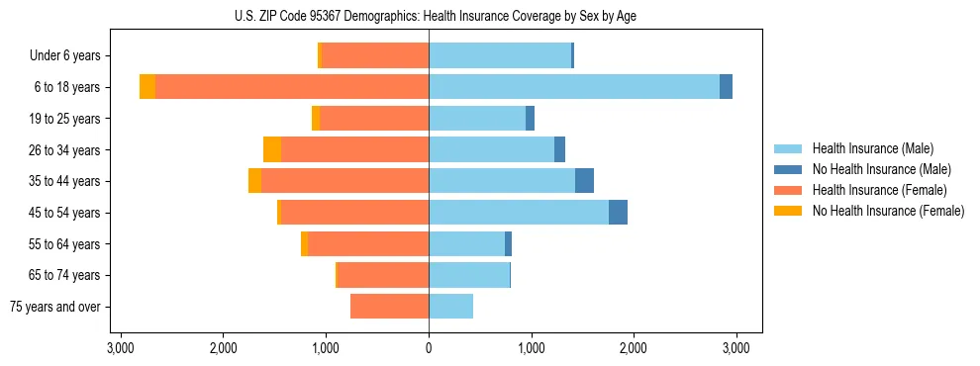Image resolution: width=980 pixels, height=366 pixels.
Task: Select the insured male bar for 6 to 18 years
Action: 574,87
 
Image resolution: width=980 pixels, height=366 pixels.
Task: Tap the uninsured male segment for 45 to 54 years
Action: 618,213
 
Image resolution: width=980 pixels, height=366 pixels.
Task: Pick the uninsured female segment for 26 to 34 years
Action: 272,149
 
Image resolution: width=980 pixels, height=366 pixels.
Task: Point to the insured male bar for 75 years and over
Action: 450,307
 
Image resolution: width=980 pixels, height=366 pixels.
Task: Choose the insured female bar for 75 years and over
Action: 389,307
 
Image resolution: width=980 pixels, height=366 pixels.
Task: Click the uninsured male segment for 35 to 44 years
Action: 584,181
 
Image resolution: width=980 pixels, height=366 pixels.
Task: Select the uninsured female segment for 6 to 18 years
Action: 147,87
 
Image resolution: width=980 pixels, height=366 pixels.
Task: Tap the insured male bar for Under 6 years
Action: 500,55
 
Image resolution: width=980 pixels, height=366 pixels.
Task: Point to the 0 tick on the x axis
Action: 429,348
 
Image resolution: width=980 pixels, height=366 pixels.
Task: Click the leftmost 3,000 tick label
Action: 121,348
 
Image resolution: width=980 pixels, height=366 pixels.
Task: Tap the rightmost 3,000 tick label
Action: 735,348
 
